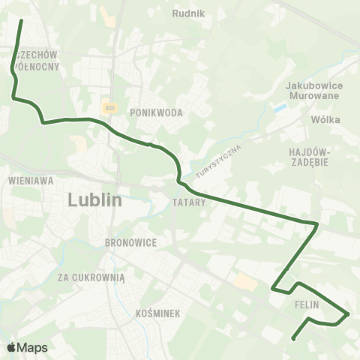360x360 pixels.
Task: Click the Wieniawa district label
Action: pyautogui.click(x=26, y=181)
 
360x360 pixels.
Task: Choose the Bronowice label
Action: pyautogui.click(x=130, y=243)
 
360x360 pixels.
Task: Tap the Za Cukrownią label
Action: pyautogui.click(x=91, y=276)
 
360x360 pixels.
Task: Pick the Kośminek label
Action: pyautogui.click(x=159, y=313)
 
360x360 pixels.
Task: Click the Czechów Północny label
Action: pyautogui.click(x=36, y=60)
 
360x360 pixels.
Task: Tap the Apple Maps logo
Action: pyautogui.click(x=27, y=347)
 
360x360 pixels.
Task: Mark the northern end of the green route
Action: pyautogui.click(x=20, y=20)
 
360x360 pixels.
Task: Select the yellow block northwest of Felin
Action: pyautogui.click(x=245, y=282)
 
